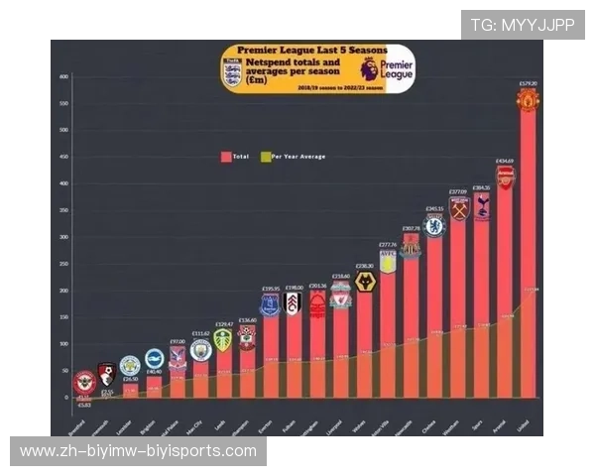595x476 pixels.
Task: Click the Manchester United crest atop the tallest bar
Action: click(528, 99)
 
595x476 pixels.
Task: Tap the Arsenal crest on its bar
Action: click(505, 178)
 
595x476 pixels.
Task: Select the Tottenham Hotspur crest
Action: click(482, 205)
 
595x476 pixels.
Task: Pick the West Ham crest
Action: click(458, 209)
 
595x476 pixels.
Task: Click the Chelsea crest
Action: click(434, 225)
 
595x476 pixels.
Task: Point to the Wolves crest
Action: click(365, 282)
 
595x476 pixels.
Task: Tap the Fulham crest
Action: click(293, 302)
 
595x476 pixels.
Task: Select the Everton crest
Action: click(270, 305)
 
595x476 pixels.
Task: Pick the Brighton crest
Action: click(154, 359)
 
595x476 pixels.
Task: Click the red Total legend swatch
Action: click(226, 156)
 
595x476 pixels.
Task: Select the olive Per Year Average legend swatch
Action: click(265, 156)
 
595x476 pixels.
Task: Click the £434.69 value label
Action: click(505, 161)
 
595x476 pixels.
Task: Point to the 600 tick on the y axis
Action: click(63, 76)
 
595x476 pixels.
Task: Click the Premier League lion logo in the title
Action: click(370, 69)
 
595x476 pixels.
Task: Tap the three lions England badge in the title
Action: click(232, 72)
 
